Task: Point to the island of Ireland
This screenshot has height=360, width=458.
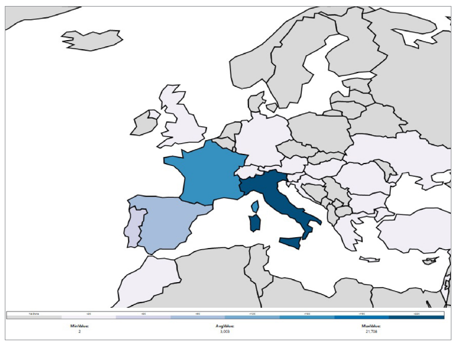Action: tap(144, 123)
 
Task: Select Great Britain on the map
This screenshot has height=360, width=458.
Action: tap(183, 123)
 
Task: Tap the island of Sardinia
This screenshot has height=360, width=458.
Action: tap(254, 223)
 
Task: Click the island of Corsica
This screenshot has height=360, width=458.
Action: tap(256, 207)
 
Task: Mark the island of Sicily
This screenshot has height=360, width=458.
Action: tap(292, 243)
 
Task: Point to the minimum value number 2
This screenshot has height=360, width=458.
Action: tap(79, 331)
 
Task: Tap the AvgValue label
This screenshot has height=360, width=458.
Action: tap(225, 326)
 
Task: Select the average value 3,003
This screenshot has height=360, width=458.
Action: tap(225, 331)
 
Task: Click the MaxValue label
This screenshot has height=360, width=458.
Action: tap(371, 326)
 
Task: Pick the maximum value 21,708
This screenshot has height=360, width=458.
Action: tap(371, 331)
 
